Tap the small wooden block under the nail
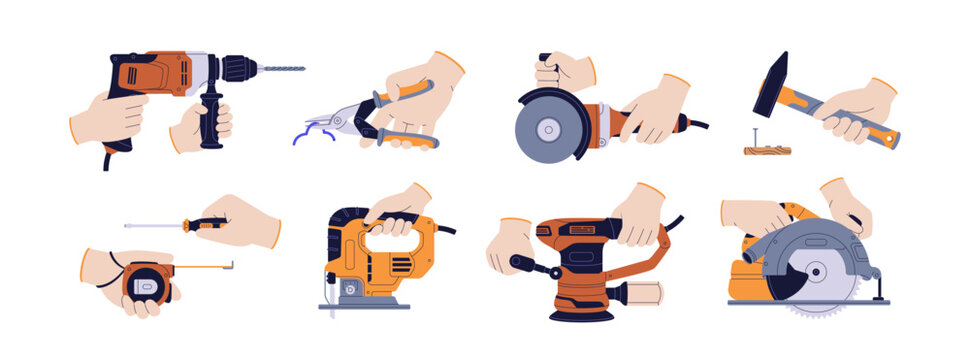point(767,150)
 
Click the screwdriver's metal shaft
point(155,226)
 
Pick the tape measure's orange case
point(141,284)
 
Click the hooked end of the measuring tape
point(232,265)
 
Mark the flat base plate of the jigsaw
point(364,304)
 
